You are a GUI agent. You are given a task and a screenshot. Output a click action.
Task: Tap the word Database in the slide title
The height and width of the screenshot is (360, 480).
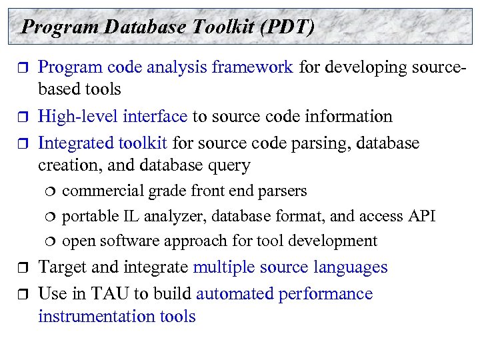[140, 27]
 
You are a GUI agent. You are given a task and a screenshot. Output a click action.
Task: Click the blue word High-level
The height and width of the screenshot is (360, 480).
[77, 117]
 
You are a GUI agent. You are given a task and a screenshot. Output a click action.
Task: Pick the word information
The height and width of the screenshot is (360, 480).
[346, 117]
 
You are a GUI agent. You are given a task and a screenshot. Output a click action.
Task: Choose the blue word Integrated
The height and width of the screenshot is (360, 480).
[77, 143]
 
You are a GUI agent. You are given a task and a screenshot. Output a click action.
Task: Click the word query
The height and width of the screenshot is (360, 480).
[229, 165]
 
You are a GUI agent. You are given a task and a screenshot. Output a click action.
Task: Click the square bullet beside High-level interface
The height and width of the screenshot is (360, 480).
[19, 117]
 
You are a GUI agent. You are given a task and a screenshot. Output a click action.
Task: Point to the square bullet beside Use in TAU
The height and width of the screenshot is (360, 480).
[19, 294]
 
